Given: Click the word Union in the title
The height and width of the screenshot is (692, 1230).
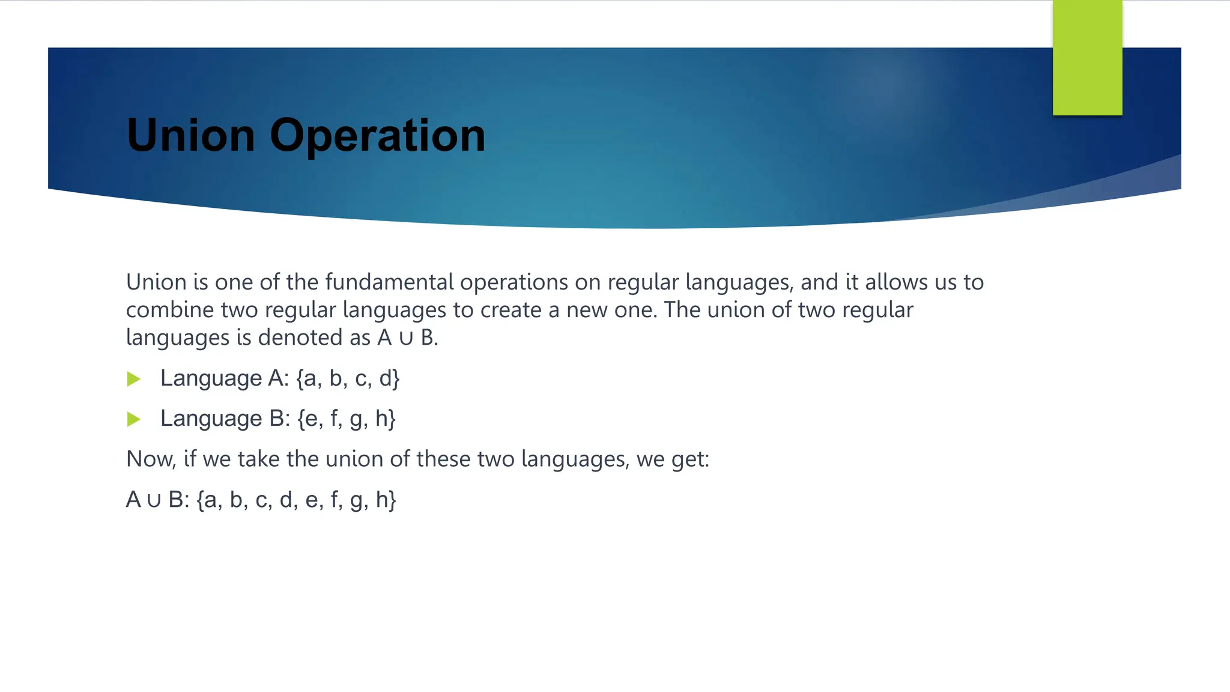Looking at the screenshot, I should pos(191,135).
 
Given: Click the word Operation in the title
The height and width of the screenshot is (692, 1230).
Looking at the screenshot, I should pos(377,136).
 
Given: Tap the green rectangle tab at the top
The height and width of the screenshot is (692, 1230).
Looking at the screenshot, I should pos(1087,58).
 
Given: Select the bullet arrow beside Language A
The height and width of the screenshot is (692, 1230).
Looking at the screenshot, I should pos(134,379).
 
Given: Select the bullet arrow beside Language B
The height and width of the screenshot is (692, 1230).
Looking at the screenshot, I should pos(134,419).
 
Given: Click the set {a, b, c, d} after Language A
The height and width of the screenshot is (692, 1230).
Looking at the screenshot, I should pos(348,378).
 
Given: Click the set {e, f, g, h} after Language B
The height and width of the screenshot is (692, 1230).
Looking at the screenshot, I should pos(347,419).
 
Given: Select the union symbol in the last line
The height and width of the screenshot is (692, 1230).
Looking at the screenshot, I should pos(154,500).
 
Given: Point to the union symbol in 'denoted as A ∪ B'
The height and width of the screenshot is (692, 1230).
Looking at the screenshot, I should pos(406,338).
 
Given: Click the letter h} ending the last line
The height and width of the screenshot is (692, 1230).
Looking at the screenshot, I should pos(386,500).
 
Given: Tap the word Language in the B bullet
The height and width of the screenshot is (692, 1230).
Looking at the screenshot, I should pos(211,419).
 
